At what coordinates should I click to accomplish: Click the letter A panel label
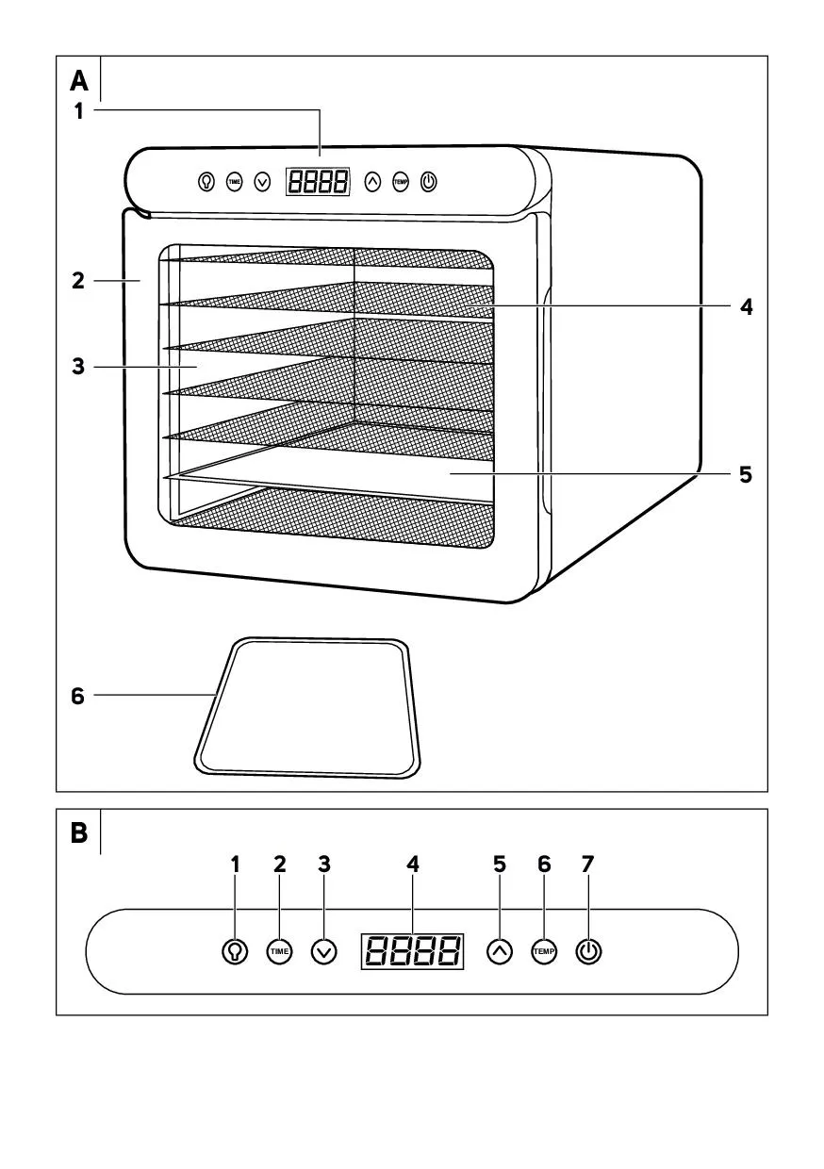79,79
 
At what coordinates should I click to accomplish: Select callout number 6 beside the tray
78,697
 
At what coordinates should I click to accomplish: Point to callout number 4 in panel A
746,306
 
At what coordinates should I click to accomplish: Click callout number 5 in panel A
746,474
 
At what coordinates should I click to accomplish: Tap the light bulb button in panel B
235,951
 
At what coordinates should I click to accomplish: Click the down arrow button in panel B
323,951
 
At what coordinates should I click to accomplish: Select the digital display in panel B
412,951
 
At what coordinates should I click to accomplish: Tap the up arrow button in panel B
500,951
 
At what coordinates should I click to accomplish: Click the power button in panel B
588,951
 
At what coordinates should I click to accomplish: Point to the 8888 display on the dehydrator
318,182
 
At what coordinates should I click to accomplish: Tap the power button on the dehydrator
429,182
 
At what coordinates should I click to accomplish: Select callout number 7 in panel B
588,864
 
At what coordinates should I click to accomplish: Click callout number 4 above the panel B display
412,864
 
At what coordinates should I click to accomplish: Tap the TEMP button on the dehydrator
401,182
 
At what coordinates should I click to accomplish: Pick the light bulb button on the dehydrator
206,182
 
